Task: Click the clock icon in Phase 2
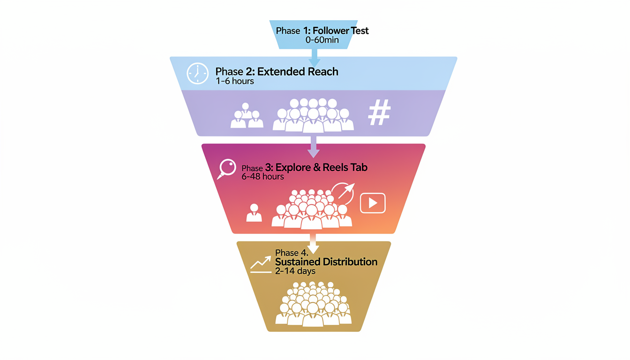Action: [x=197, y=74]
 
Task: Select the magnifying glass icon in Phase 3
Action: [x=227, y=169]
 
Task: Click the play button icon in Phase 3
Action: [x=373, y=203]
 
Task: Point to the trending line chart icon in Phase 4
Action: [x=261, y=264]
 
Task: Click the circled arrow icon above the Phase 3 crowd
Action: [x=343, y=194]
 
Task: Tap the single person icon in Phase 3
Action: [x=254, y=213]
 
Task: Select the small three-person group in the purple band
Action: [x=247, y=116]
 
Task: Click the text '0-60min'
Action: [x=322, y=40]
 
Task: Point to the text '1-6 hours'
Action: [x=235, y=81]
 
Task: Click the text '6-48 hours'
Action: [x=263, y=177]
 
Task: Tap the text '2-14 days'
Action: [x=295, y=271]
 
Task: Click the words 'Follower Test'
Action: [x=340, y=31]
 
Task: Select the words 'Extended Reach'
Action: [x=298, y=72]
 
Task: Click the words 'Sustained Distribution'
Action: [x=326, y=262]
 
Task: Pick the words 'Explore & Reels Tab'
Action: [x=322, y=168]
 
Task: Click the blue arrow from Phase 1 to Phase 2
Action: [x=314, y=58]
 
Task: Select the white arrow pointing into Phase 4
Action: [x=314, y=245]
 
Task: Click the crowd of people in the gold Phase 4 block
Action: [x=313, y=304]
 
